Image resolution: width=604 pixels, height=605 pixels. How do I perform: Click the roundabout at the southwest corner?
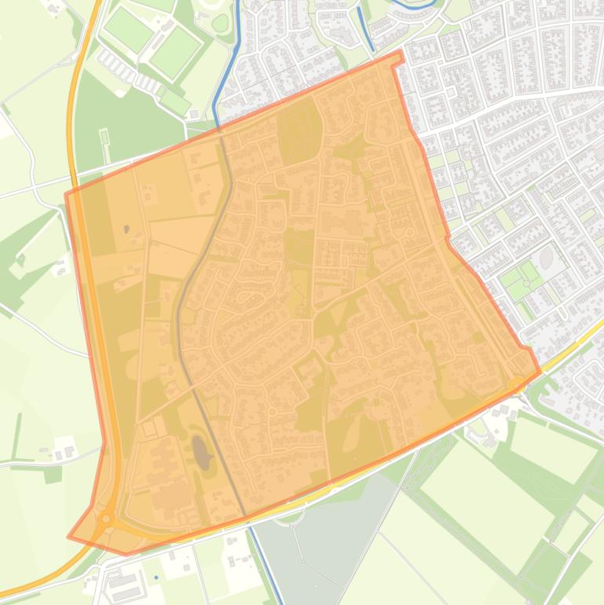coord(106,519)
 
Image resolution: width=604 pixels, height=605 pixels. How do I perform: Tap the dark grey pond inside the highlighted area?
coord(201,452)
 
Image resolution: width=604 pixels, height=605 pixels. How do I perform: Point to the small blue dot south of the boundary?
coord(156,578)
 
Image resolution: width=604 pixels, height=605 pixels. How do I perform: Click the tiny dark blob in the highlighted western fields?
coord(127,229)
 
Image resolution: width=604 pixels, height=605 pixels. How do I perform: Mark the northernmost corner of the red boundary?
coord(401,52)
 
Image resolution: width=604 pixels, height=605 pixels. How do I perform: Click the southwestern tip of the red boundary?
coord(69,537)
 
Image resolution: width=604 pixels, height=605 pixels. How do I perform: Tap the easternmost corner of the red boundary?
coord(540,371)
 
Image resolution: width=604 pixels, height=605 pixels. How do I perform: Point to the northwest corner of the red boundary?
coord(66,193)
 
